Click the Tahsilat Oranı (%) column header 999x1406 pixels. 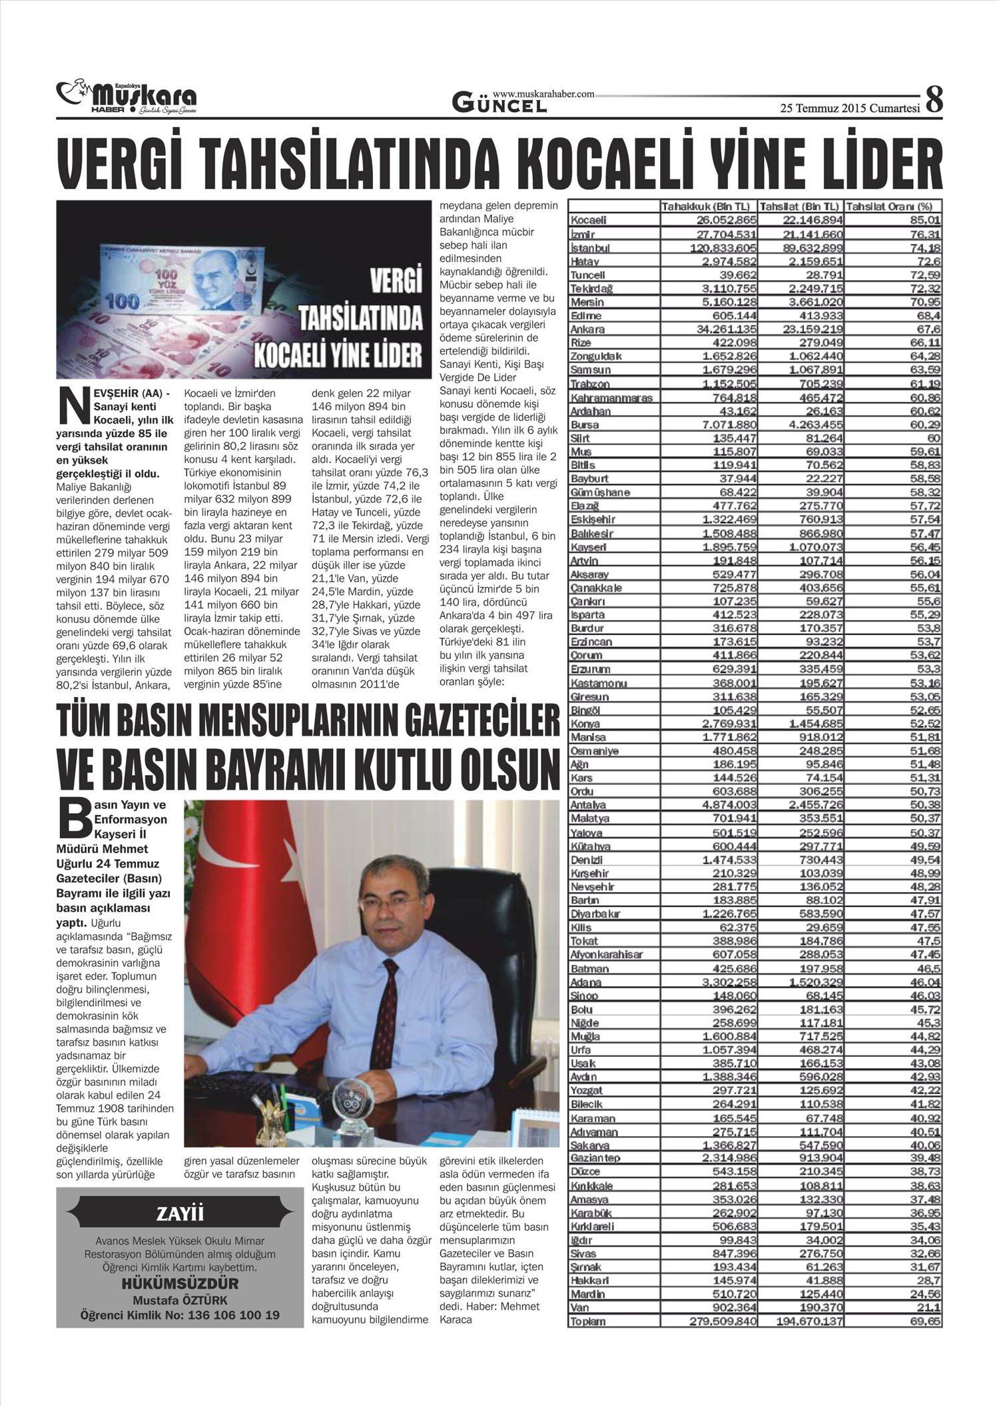892,207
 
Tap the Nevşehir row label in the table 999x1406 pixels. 593,886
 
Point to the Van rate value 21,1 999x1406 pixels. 928,1307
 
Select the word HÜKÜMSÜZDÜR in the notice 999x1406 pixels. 180,1284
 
